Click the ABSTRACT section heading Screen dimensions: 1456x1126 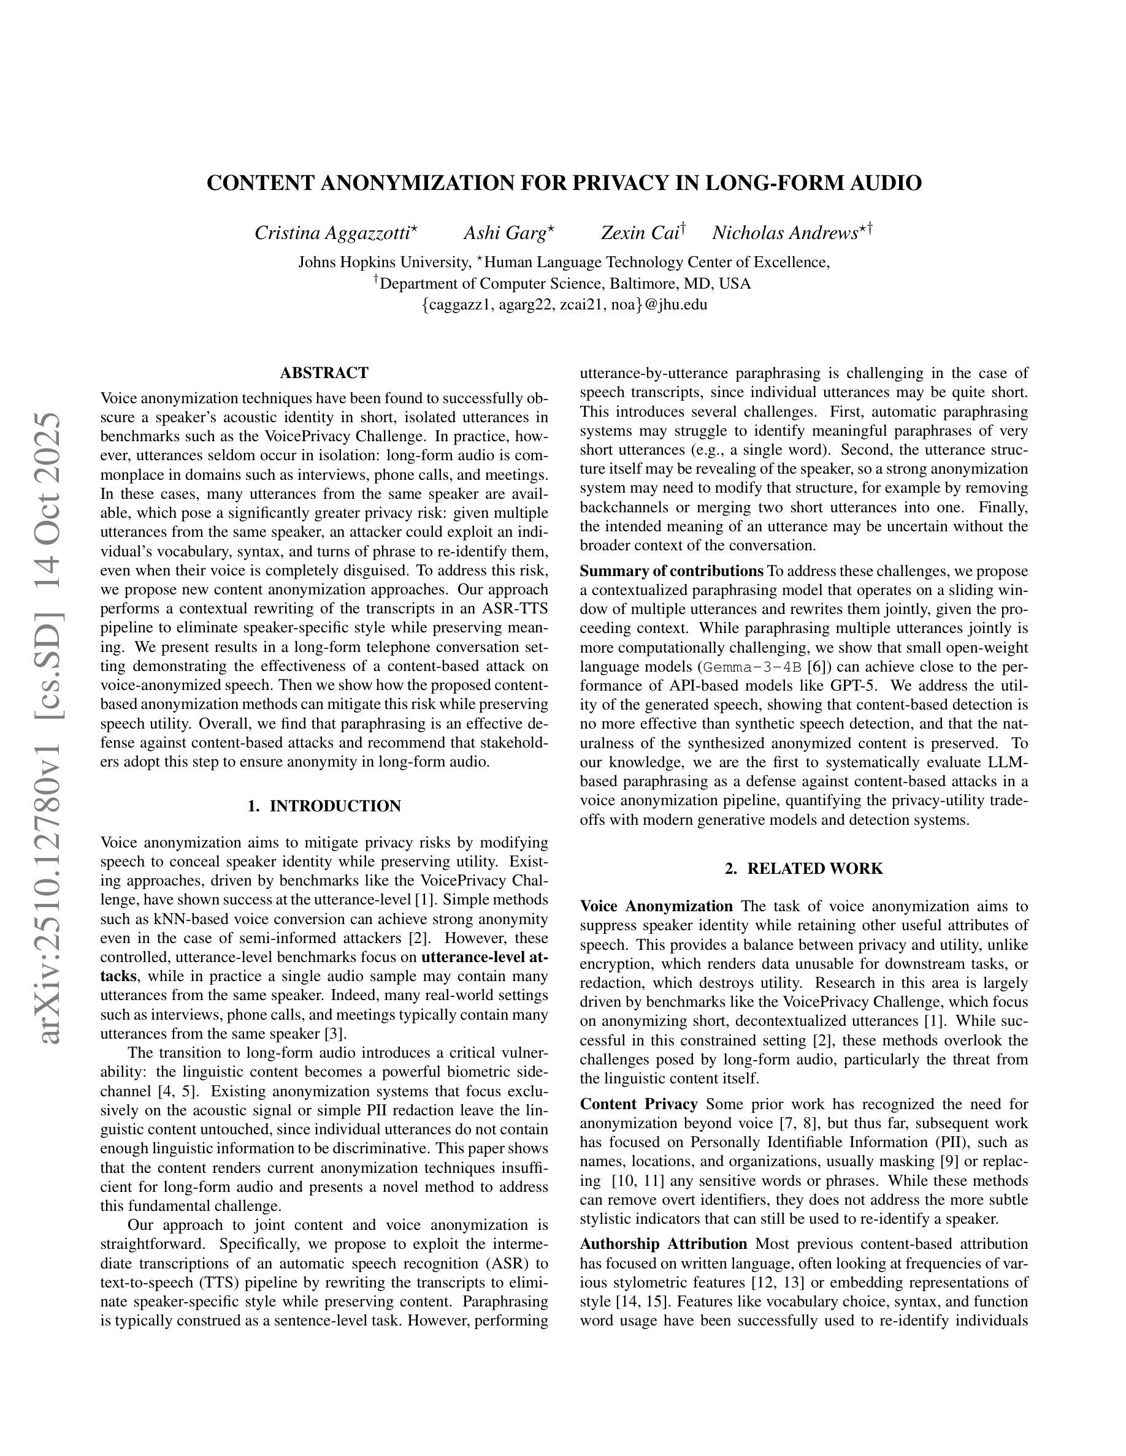324,372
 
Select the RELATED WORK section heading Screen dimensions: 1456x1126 804,869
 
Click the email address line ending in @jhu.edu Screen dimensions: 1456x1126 564,305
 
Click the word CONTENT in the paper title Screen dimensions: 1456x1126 259,183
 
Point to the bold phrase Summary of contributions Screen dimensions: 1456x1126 671,571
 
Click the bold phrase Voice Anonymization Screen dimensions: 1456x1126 656,907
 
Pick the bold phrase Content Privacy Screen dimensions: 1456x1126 638,1104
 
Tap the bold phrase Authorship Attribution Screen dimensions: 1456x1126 663,1243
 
